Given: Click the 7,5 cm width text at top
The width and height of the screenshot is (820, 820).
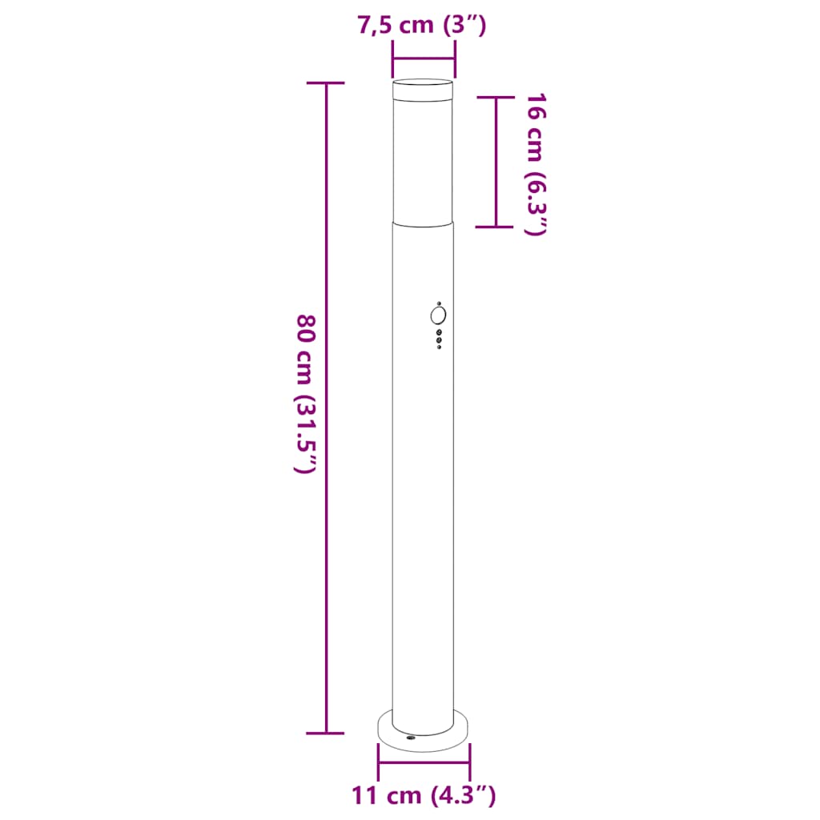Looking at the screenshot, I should tap(394, 26).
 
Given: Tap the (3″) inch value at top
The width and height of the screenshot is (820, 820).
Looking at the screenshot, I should tap(464, 26).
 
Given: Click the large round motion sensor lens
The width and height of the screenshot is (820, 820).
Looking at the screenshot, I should tap(437, 315).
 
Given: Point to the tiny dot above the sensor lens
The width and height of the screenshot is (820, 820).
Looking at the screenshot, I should tap(439, 303).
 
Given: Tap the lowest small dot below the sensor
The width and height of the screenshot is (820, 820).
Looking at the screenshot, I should tap(439, 347).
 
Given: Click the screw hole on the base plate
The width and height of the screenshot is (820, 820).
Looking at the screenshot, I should tap(410, 738).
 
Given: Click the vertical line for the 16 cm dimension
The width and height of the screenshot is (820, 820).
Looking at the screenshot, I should tap(496, 160).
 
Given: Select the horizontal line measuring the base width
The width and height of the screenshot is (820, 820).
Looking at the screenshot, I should tap(424, 762).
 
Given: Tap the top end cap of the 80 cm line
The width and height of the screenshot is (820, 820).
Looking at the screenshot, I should tap(326, 83).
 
